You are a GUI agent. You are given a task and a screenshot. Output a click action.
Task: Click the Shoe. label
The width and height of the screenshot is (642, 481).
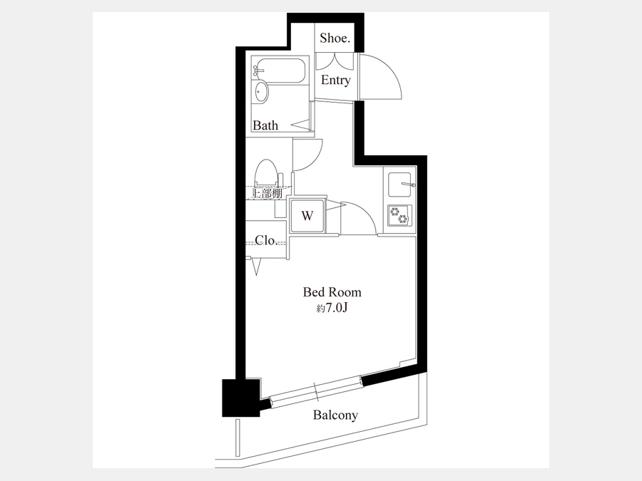335,38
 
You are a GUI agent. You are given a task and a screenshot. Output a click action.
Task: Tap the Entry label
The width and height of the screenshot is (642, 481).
336,80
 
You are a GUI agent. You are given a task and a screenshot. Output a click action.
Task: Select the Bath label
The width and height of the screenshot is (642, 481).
265,125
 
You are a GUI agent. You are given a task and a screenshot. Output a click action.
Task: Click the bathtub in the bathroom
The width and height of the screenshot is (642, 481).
280,71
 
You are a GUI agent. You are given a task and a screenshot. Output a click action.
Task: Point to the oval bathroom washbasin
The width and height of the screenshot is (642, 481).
261,93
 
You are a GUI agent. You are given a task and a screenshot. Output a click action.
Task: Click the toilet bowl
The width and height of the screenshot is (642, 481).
265,173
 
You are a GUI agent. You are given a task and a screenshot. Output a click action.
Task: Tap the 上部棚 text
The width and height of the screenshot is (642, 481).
267,193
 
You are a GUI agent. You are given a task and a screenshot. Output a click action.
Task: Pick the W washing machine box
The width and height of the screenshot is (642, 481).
307,215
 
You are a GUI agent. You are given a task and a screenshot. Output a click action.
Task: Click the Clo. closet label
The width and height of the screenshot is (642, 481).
266,240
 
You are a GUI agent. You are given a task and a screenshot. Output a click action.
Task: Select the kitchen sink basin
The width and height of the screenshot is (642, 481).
400,185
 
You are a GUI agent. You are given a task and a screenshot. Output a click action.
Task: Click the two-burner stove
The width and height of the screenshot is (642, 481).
399,215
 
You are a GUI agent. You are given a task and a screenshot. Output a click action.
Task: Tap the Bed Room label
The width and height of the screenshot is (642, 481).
332,292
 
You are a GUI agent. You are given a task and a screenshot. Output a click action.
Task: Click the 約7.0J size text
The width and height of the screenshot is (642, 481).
332,308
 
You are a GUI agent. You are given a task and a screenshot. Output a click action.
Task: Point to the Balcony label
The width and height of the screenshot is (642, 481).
335,415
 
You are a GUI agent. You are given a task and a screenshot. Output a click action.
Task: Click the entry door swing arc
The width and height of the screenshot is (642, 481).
392,68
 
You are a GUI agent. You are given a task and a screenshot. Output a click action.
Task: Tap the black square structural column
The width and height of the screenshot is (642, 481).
241,398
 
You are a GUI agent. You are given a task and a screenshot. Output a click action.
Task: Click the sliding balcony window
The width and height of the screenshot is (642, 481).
316,391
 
